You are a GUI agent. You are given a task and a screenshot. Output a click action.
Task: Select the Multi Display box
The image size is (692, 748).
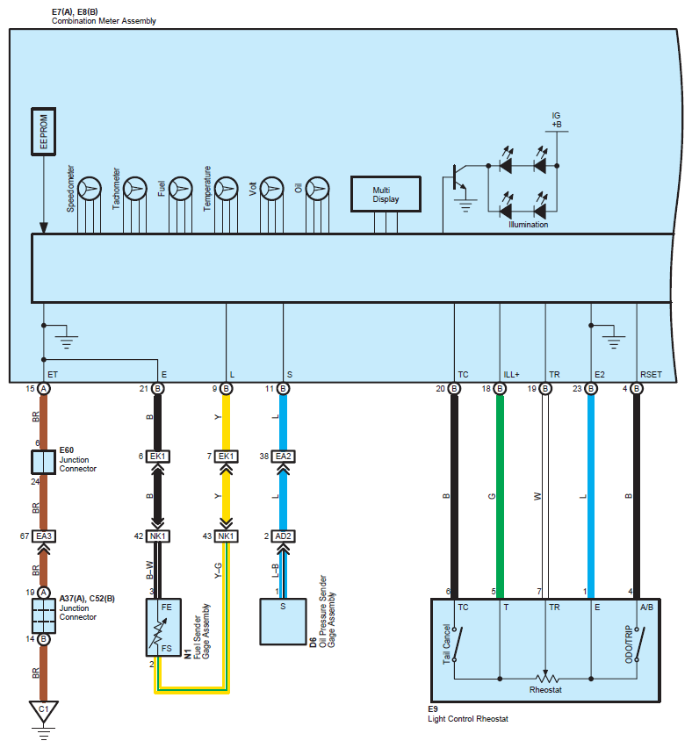[x=386, y=194]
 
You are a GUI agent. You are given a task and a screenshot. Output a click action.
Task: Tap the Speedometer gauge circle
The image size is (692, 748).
[x=89, y=188]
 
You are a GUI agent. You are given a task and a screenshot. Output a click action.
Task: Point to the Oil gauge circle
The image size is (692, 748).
[x=317, y=188]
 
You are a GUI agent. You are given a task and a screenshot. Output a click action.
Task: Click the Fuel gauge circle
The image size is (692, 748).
[x=180, y=188]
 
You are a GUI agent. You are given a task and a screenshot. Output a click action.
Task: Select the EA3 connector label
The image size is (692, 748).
[x=43, y=536]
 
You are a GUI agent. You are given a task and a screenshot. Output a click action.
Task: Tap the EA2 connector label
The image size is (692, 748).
[x=283, y=457]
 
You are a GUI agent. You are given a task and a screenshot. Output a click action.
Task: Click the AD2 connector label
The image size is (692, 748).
[x=283, y=536]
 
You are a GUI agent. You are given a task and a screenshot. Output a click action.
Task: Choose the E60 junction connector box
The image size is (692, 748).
[x=43, y=462]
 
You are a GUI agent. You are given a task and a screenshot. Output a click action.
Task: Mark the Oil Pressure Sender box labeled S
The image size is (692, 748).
[x=283, y=621]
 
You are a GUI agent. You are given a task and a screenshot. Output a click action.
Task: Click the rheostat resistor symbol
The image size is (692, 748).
[x=545, y=678]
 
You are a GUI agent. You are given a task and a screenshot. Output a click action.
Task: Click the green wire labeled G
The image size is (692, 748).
[x=500, y=496]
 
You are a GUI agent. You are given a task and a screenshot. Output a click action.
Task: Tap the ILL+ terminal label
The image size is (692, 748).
[x=512, y=375]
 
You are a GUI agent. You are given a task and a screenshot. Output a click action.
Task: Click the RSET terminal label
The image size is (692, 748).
[x=651, y=375]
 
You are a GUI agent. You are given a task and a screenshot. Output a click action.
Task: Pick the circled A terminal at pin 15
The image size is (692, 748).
[x=43, y=388]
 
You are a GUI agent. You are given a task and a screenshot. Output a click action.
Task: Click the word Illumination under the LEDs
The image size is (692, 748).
[x=528, y=225]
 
